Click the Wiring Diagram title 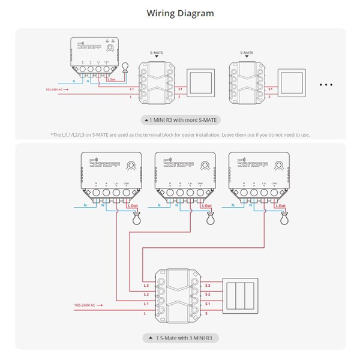[180, 13]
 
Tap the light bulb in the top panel [125, 68]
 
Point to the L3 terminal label [146, 285]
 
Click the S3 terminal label [208, 285]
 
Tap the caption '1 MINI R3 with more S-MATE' [181, 120]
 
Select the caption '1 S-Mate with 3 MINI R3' [181, 338]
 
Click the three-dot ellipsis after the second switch [326, 85]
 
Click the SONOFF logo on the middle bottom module [174, 162]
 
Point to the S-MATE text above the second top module [246, 53]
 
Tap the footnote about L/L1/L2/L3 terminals [181, 134]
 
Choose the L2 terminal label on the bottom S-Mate [146, 294]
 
